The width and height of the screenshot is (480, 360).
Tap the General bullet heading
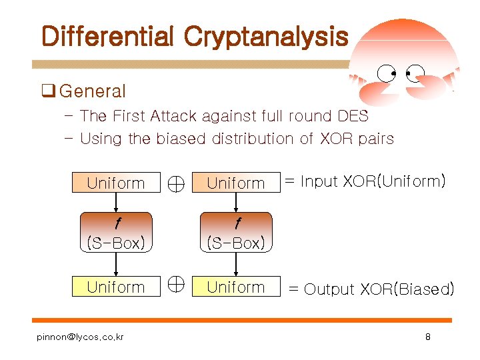[92, 91]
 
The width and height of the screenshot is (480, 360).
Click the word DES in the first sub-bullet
[353, 116]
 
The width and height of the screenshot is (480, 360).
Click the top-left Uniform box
[116, 183]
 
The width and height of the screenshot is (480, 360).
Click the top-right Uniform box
[236, 183]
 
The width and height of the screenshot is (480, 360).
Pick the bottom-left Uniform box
[116, 287]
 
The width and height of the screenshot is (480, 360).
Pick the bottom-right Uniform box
[236, 287]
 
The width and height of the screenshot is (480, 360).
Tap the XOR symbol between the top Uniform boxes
[176, 183]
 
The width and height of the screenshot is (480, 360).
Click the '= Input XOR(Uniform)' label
[365, 181]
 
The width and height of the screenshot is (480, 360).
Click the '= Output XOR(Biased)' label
[371, 289]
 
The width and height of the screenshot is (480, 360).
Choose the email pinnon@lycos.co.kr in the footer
[80, 337]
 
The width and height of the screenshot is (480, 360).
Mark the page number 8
[427, 337]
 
